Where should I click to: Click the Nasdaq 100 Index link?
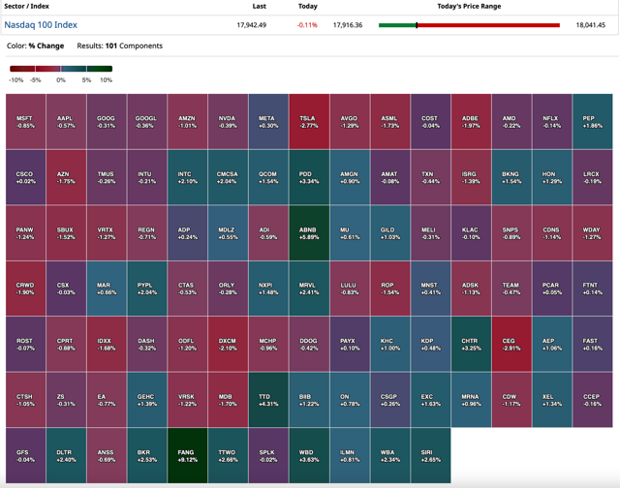click(41, 25)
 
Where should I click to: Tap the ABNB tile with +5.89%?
click(308, 233)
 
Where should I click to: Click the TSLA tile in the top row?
click(308, 121)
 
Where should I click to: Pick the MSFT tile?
click(25, 121)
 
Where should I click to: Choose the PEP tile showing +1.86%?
click(591, 121)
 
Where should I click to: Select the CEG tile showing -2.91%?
click(510, 345)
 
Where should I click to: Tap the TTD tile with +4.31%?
click(267, 400)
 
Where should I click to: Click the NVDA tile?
click(227, 121)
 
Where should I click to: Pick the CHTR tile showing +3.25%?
click(470, 345)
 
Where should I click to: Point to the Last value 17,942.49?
click(252, 25)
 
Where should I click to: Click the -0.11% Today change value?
click(307, 25)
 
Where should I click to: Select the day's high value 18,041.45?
click(590, 25)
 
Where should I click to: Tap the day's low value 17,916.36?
click(348, 25)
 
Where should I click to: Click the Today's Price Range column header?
click(469, 7)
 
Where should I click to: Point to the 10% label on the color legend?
click(106, 80)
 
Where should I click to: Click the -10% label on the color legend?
click(15, 80)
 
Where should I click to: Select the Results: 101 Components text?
click(119, 46)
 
